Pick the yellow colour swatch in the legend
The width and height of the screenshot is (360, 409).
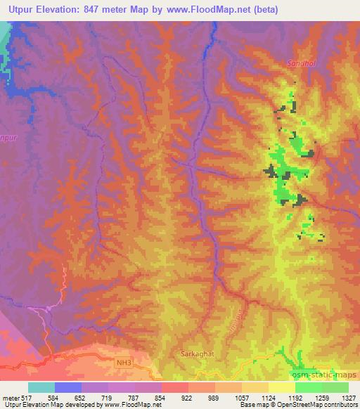[281, 387]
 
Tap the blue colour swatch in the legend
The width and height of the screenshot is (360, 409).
[68, 387]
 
